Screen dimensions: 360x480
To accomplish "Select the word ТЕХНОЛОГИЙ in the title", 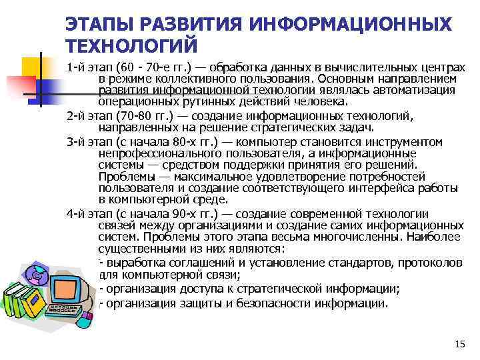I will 132,46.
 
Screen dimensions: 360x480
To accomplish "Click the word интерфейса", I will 355,188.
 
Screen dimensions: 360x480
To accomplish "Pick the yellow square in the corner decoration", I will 32,67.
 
